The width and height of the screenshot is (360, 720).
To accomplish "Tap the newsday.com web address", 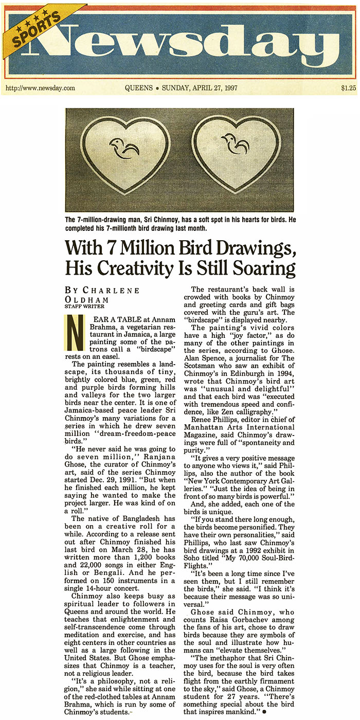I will coord(40,88).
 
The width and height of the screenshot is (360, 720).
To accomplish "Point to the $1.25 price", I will coord(348,88).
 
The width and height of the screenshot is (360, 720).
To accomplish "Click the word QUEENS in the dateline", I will coord(138,88).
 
